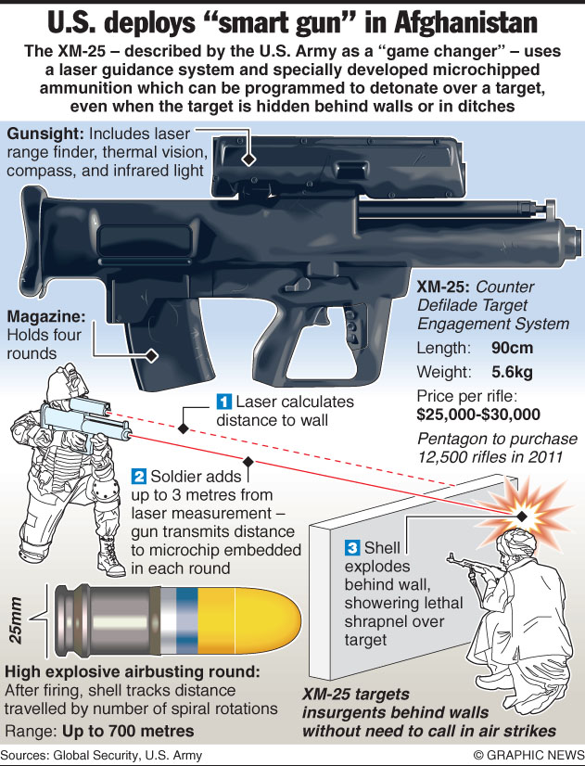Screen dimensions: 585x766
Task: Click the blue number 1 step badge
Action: [224, 402]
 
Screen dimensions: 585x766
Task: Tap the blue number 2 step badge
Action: [139, 477]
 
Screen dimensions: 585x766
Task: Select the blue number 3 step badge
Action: [352, 547]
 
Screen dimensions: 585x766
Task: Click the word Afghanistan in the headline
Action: [465, 23]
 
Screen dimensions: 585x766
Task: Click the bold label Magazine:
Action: [46, 316]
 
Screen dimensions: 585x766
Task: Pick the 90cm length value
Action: [513, 348]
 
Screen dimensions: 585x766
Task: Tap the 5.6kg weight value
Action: [513, 372]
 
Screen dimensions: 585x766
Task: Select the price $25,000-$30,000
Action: [478, 415]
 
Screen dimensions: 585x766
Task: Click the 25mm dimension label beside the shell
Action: [16, 619]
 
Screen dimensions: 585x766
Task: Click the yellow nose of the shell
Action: [249, 620]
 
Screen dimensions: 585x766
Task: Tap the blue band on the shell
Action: [186, 620]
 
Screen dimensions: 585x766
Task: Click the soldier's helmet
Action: [61, 381]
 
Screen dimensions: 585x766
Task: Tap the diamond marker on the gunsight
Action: [249, 160]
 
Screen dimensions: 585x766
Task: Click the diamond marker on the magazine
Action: [152, 356]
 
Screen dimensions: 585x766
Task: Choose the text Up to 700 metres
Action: [128, 732]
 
